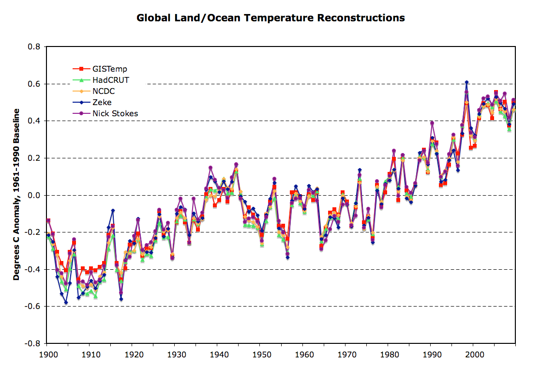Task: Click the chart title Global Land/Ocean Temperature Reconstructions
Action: point(270,18)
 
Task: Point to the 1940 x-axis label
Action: point(218,355)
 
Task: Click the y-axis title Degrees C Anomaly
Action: point(16,194)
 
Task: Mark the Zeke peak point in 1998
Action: point(466,82)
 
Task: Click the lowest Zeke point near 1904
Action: point(66,303)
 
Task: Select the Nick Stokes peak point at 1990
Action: point(432,123)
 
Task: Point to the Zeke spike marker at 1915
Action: point(113,211)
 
